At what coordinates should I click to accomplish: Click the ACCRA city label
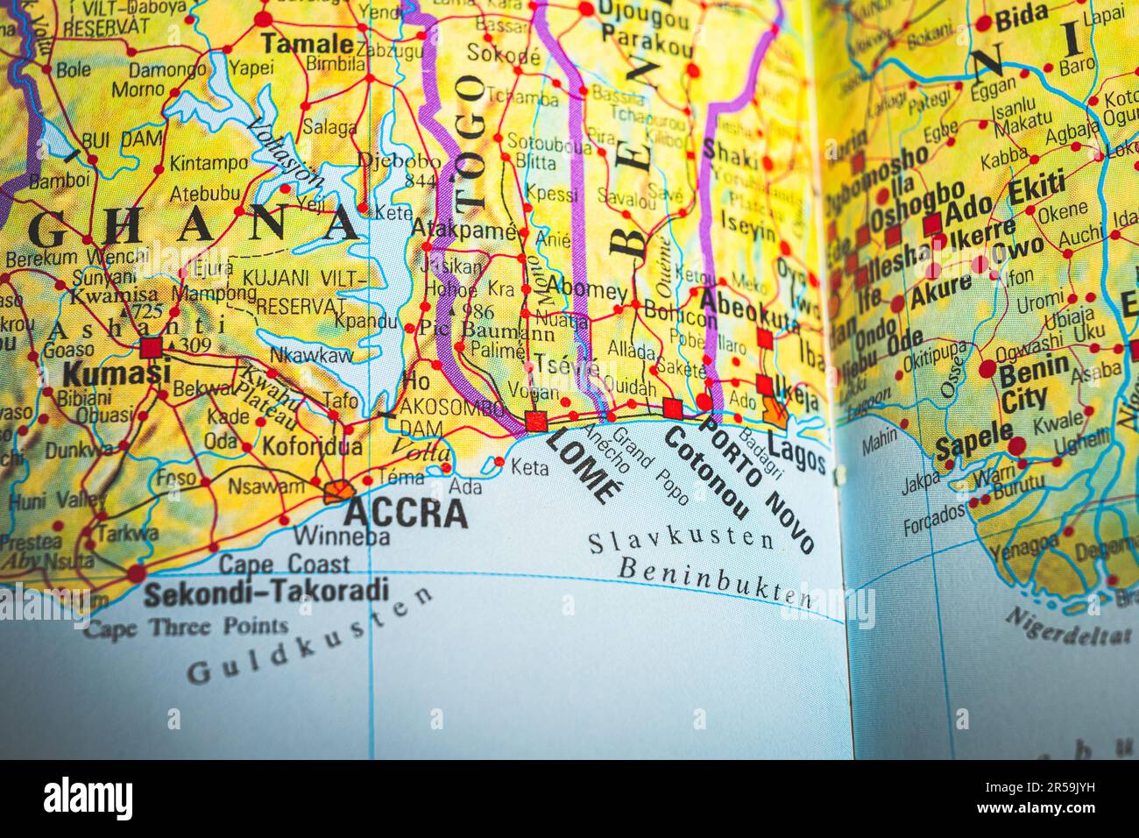[407, 512]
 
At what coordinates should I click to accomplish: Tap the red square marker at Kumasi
[151, 348]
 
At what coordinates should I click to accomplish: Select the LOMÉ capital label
[580, 467]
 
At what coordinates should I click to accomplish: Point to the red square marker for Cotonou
[672, 408]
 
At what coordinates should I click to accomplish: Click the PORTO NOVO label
[756, 485]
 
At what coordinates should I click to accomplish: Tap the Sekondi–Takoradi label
[265, 593]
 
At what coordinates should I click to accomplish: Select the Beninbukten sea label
[714, 583]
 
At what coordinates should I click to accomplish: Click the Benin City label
[1035, 382]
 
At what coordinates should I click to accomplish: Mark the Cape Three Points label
[186, 628]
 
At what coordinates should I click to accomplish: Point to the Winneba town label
[342, 537]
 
